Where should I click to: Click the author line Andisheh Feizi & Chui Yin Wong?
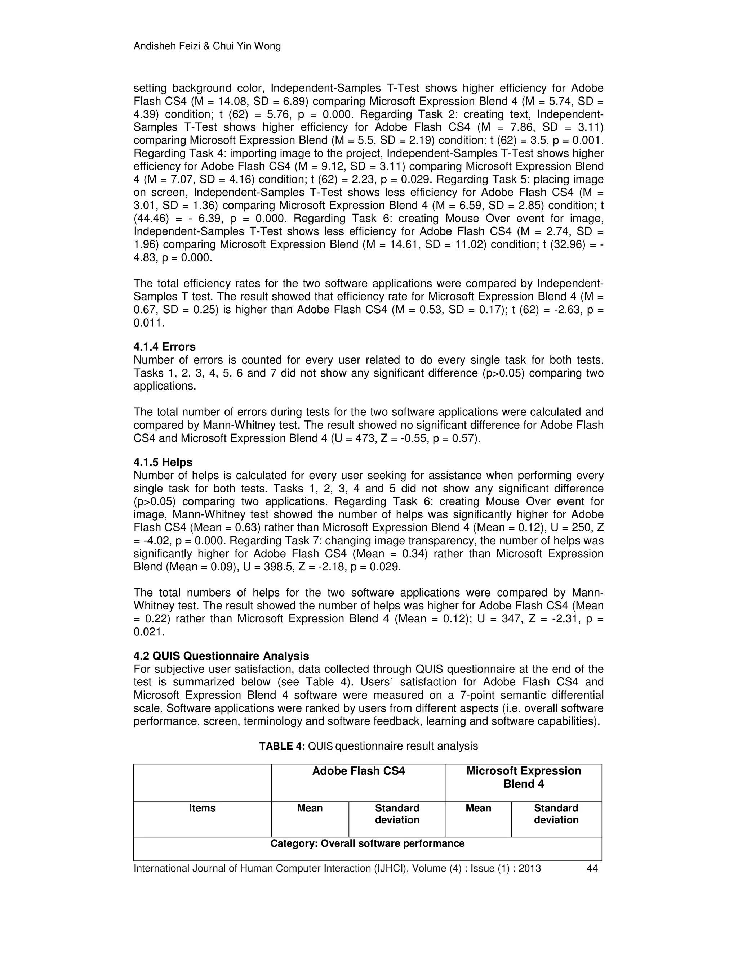pos(207,46)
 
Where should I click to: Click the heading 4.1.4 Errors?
pos(164,347)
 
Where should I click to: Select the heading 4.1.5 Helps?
pos(163,462)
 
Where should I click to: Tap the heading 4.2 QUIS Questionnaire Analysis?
pos(221,656)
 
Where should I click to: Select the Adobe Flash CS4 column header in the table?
pos(359,771)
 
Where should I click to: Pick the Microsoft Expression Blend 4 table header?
pos(523,777)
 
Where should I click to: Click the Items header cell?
pos(202,808)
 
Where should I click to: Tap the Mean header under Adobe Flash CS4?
pos(310,808)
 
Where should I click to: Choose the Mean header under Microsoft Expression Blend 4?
pos(478,808)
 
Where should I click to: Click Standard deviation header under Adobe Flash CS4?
pos(397,814)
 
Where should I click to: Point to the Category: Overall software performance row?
pos(367,843)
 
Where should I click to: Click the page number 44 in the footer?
pos(592,868)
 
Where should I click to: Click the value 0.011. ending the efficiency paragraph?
pos(149,323)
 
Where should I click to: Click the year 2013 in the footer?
pos(529,868)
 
